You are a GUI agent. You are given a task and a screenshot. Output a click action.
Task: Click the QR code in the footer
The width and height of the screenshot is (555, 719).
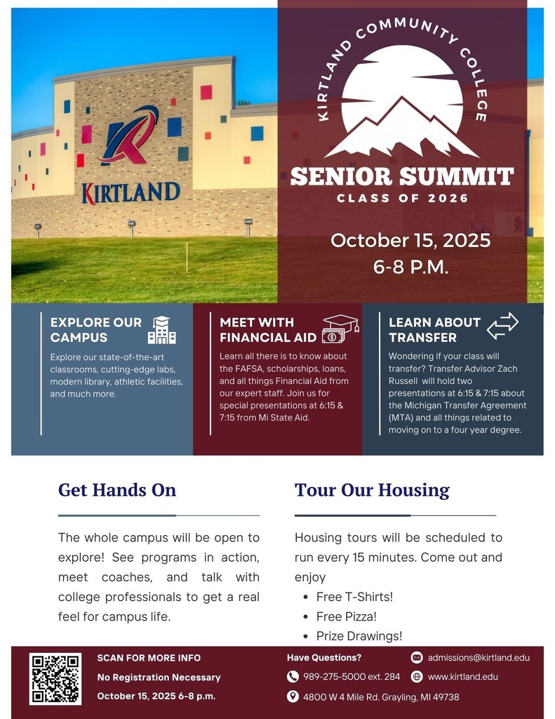coord(55,679)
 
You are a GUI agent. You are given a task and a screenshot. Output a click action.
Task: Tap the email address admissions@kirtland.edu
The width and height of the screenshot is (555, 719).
coord(479,657)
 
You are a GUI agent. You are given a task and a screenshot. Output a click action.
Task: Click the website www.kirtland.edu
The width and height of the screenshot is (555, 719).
coord(462,676)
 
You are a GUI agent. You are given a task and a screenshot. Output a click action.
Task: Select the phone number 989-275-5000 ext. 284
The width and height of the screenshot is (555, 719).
coord(352,676)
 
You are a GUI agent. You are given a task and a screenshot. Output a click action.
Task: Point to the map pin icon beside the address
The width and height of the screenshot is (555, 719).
coord(293,697)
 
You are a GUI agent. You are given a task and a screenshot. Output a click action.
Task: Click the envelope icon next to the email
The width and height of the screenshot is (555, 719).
coord(417,657)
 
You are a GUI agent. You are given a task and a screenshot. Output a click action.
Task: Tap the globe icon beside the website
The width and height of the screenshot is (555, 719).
coord(417,676)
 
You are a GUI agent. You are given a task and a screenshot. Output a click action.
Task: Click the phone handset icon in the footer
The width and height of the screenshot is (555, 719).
coord(293,676)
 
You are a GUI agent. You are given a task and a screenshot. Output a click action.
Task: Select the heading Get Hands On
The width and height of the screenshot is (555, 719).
coord(117,489)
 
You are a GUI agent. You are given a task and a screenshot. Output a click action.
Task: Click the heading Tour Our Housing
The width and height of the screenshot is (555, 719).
coord(372,490)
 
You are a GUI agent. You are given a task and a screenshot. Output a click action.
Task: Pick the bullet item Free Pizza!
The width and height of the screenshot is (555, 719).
coord(347,616)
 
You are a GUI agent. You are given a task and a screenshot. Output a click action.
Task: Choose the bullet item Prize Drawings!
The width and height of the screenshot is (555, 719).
coord(359,636)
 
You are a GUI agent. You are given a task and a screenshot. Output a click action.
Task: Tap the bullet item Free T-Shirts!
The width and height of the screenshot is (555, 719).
coord(354,597)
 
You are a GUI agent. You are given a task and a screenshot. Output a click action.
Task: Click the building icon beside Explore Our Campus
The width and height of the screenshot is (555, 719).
coord(162,330)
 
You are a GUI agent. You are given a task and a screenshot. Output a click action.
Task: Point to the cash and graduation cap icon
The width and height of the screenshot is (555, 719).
coord(340,329)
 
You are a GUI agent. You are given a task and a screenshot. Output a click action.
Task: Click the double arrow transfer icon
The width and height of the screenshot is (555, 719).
coord(502,326)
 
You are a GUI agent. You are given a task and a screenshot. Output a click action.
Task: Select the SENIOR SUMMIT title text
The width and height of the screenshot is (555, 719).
coord(402,176)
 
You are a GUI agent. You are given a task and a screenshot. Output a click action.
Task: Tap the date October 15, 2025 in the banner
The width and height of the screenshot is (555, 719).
coord(410,240)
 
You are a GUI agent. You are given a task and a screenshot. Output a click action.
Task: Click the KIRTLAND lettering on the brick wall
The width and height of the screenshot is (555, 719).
coord(131,193)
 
